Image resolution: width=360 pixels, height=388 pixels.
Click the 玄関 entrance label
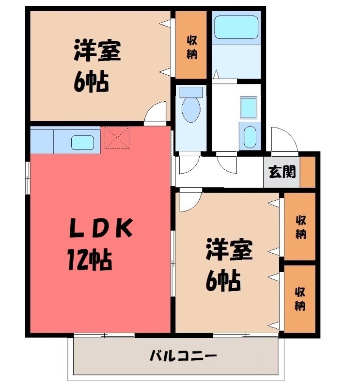(x=282, y=172)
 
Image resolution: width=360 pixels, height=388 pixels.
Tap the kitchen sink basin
(x=82, y=143)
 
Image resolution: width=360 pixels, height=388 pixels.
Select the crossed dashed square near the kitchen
(x=117, y=137)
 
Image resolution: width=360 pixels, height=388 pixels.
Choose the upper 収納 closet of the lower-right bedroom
(x=300, y=226)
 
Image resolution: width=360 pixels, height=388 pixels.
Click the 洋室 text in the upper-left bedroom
(x=97, y=52)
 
